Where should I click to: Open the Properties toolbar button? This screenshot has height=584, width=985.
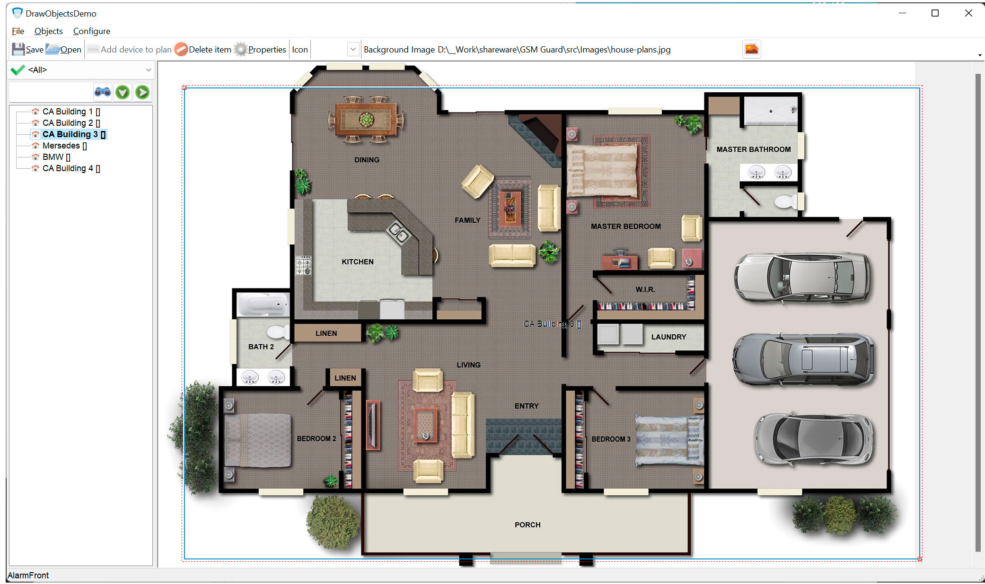pos(261,49)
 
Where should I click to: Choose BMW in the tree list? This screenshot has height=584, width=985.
pos(53,157)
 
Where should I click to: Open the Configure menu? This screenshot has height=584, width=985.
pos(91,31)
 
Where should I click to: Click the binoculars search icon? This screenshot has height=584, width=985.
pos(103,92)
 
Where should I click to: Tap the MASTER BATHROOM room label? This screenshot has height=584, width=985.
pos(753,149)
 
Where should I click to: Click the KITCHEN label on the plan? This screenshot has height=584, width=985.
pos(357,261)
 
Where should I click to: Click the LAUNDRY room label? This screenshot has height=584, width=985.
pos(668,337)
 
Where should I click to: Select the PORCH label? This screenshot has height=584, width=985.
pos(527,524)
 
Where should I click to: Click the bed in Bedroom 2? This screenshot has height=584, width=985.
pos(258,440)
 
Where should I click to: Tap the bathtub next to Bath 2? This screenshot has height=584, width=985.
pos(262,304)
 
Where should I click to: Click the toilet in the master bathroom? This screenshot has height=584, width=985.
pos(786,202)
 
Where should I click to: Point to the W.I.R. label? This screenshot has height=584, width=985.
pos(645,289)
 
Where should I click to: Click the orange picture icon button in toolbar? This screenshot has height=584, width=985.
pos(751,49)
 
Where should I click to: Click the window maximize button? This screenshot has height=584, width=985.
pos(935,13)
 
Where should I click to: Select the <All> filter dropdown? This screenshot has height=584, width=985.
pos(81,70)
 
